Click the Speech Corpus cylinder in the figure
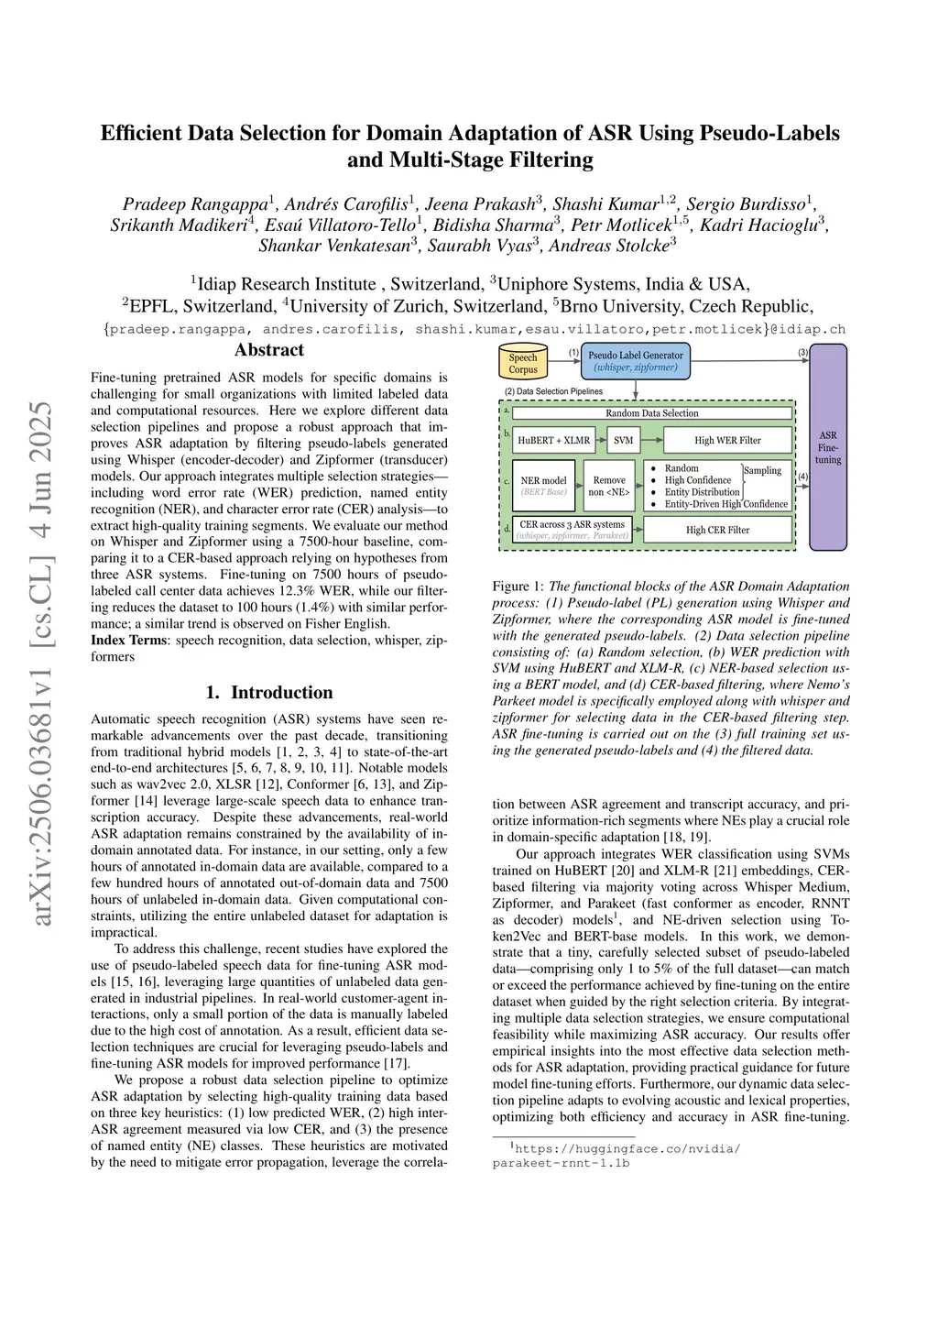(524, 363)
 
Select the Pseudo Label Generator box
(635, 361)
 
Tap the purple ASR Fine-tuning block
(828, 447)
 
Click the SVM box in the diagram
(623, 440)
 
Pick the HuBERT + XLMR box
(553, 440)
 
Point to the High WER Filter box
(727, 440)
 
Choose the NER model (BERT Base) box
(543, 485)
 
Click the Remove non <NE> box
(609, 486)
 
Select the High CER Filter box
(717, 530)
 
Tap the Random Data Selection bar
(651, 413)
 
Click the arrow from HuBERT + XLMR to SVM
(602, 440)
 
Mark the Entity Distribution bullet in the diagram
(702, 492)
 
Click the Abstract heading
(269, 350)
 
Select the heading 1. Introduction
(269, 692)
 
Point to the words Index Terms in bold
(128, 640)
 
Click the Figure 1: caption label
(518, 586)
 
